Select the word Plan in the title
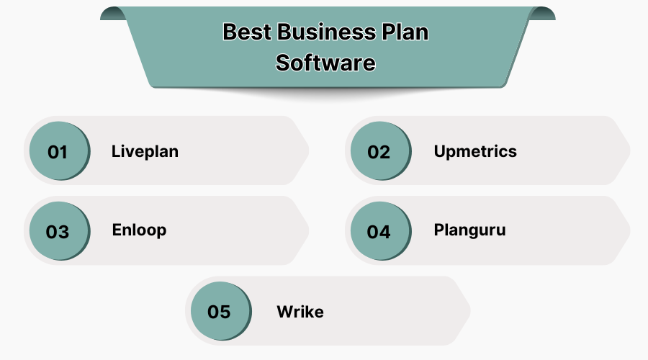click(405, 32)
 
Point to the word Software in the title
click(325, 63)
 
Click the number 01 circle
click(58, 152)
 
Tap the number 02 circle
click(379, 152)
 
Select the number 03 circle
click(58, 232)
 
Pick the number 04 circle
click(379, 232)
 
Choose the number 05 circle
click(219, 312)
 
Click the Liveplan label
click(145, 151)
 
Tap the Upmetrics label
click(475, 151)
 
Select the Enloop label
click(139, 230)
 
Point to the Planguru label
click(469, 230)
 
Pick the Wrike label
click(300, 312)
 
